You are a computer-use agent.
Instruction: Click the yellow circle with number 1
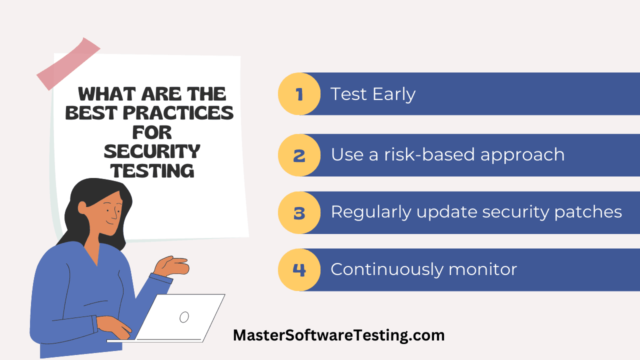[299, 93]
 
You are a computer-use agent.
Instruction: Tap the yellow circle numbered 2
[299, 155]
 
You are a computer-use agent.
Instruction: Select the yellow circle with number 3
[299, 212]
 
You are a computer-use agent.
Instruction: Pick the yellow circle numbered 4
[299, 269]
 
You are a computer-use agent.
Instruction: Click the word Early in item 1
[394, 94]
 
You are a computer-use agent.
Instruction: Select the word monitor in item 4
[482, 269]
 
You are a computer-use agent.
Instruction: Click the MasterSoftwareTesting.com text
[339, 335]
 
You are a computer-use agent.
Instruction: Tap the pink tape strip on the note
[68, 64]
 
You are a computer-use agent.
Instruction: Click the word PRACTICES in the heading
[178, 113]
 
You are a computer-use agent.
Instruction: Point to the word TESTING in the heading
[152, 171]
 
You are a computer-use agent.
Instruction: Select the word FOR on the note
[152, 132]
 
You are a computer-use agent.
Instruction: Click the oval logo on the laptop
[184, 317]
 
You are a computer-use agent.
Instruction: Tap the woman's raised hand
[171, 266]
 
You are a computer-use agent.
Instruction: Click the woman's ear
[82, 208]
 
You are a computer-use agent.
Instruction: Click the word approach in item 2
[522, 155]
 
